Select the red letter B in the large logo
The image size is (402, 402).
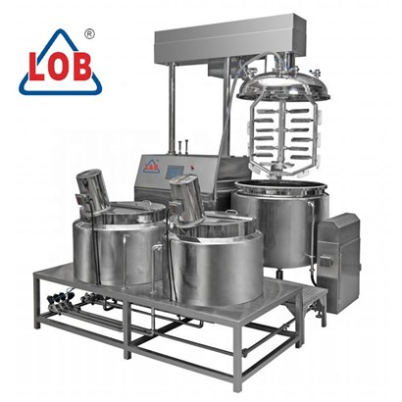click(x=81, y=67)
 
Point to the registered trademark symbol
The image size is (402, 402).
click(x=89, y=34)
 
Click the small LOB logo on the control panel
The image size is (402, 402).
click(x=151, y=165)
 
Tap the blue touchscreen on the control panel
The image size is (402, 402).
click(x=175, y=172)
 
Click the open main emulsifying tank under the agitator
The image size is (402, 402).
click(x=280, y=223)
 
